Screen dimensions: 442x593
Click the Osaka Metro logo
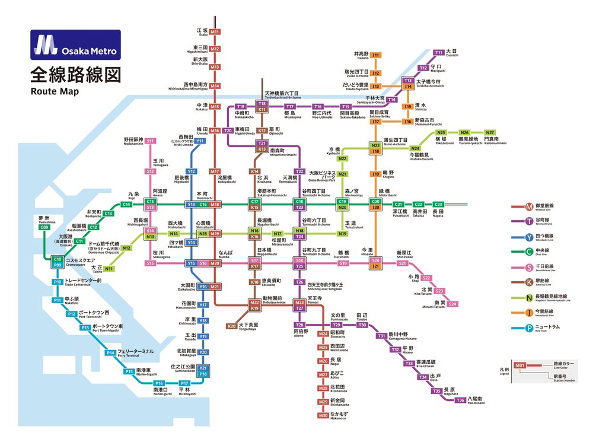(75, 46)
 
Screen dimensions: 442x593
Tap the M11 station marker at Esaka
(215, 32)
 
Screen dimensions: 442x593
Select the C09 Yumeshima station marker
(44, 227)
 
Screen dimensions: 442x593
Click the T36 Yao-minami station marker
(461, 400)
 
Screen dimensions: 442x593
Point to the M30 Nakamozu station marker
(323, 415)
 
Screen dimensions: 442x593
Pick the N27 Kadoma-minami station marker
(490, 132)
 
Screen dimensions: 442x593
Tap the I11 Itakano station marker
(375, 55)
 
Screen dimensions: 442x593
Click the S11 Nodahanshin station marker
(151, 141)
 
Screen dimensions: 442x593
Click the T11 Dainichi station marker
(439, 52)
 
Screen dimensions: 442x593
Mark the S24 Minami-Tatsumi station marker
(452, 304)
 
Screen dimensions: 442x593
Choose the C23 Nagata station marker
(438, 204)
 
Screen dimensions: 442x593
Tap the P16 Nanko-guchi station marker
(159, 383)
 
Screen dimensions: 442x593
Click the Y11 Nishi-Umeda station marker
(200, 141)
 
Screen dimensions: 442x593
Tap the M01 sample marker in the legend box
(520, 365)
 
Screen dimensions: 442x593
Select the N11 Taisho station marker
(109, 269)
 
